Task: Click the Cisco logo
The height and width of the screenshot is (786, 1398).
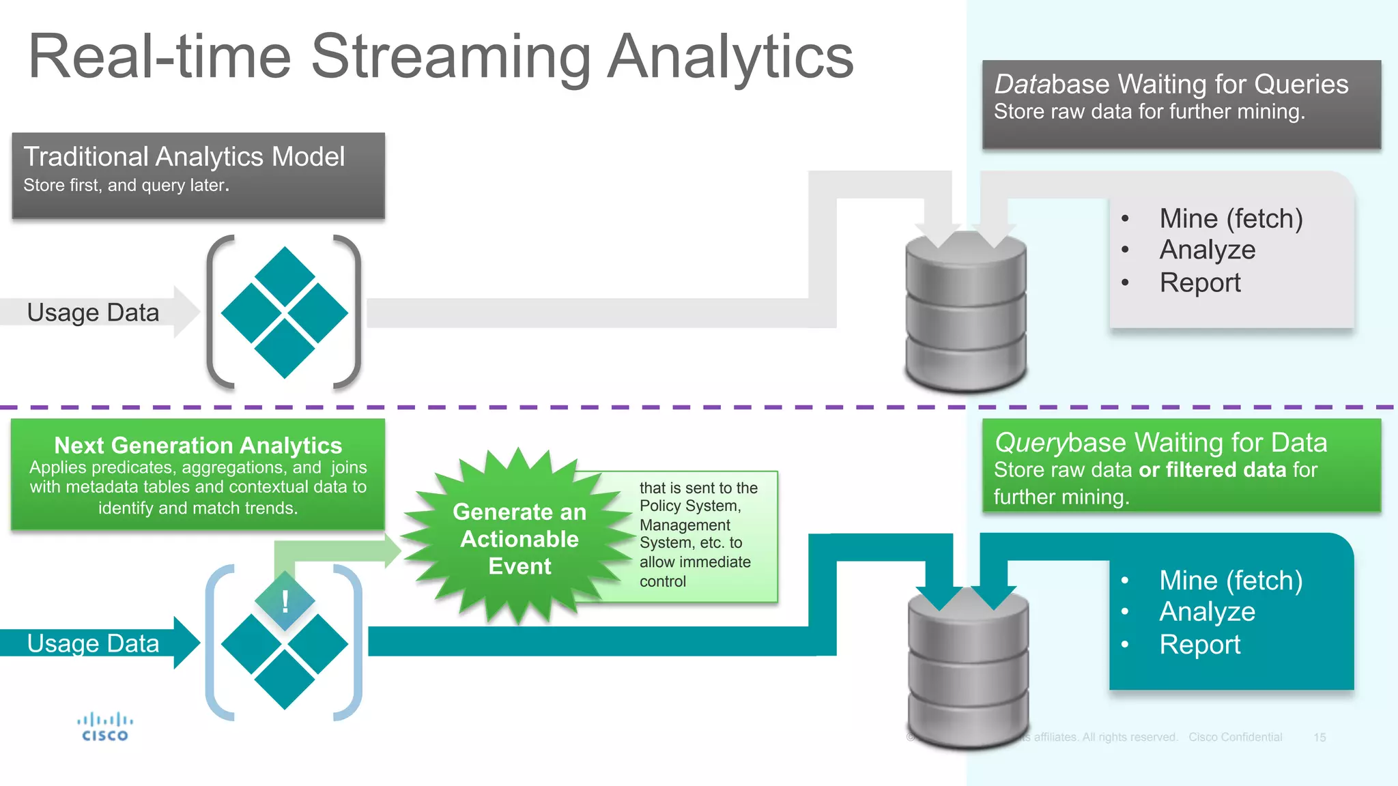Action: (104, 727)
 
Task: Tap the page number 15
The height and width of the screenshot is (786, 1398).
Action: (1319, 738)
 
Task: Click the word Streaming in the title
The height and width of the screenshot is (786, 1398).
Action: (451, 58)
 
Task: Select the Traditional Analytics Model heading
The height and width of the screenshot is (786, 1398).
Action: (184, 157)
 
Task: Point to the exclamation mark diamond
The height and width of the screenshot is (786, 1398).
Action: (285, 601)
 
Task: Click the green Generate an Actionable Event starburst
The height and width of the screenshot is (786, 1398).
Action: (519, 538)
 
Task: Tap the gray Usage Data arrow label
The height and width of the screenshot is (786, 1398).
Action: (93, 312)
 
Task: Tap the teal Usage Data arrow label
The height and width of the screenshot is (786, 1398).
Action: (93, 643)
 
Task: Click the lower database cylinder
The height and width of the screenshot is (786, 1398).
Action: (968, 672)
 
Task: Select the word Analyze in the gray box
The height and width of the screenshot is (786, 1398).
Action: (1207, 250)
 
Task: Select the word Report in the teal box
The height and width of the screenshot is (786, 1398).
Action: (1199, 645)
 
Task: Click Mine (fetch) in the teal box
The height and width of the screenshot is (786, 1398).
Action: (1231, 581)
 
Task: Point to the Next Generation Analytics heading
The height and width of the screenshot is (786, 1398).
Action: (198, 446)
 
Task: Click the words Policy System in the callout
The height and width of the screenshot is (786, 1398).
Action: (689, 506)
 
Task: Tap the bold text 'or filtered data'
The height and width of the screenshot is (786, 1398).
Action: (1212, 470)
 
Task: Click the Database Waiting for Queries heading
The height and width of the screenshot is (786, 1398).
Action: (1171, 85)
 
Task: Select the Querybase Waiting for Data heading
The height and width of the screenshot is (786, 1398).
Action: (1160, 443)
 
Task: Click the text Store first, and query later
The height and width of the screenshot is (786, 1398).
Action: (126, 186)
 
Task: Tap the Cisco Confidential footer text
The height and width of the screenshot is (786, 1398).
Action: (1235, 738)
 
